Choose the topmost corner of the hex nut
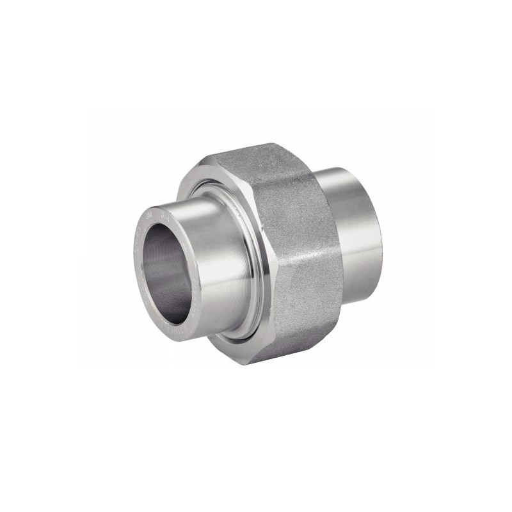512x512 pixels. [272, 145]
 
